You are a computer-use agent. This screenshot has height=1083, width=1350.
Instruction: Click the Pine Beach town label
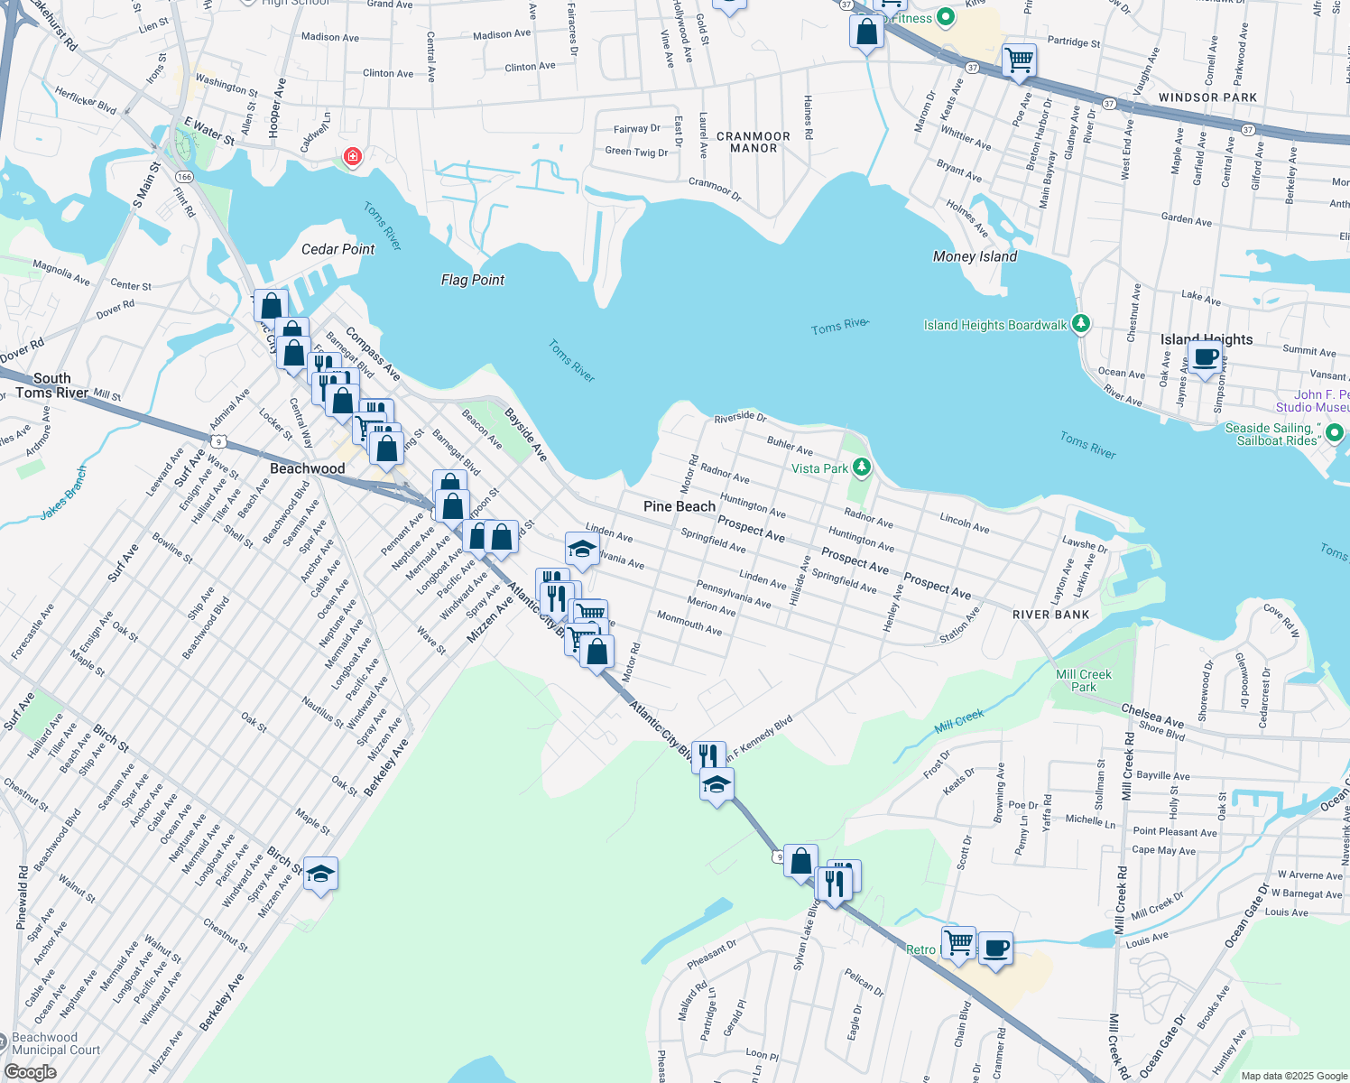pyautogui.click(x=679, y=506)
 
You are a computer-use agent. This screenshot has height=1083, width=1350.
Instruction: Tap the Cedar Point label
pyautogui.click(x=337, y=249)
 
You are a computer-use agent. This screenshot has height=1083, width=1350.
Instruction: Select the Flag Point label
pyautogui.click(x=473, y=280)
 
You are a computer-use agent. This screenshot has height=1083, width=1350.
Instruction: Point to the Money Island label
pyautogui.click(x=975, y=256)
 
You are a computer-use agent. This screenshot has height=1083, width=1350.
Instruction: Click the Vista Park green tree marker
pyautogui.click(x=862, y=467)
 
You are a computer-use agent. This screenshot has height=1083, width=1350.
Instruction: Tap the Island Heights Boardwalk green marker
pyautogui.click(x=1081, y=324)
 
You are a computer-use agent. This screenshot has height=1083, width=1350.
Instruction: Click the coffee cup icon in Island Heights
pyautogui.click(x=1206, y=356)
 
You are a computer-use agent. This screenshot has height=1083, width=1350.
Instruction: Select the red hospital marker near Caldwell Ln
pyautogui.click(x=352, y=157)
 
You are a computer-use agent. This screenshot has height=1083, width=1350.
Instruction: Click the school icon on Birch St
pyautogui.click(x=320, y=874)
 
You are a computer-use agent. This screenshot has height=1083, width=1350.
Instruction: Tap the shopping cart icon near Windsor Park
pyautogui.click(x=1019, y=60)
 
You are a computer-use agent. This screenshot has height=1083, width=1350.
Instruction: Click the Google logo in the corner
pyautogui.click(x=30, y=1071)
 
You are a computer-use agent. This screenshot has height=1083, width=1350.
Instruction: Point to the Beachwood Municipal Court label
pyautogui.click(x=56, y=1043)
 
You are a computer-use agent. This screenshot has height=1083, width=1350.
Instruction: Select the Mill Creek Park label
pyautogui.click(x=1084, y=680)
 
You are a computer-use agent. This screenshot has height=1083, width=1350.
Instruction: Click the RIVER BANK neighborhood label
pyautogui.click(x=1050, y=615)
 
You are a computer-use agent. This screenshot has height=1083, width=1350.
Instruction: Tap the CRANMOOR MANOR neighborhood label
pyautogui.click(x=754, y=143)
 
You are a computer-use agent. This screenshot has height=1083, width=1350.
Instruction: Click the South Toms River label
pyautogui.click(x=52, y=385)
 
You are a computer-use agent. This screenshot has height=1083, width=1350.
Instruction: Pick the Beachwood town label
pyautogui.click(x=307, y=468)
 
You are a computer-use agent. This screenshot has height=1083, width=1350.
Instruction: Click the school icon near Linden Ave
pyautogui.click(x=582, y=549)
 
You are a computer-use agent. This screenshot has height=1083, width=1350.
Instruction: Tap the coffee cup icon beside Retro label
pyautogui.click(x=995, y=949)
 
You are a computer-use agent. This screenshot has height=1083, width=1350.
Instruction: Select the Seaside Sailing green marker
pyautogui.click(x=1335, y=434)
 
